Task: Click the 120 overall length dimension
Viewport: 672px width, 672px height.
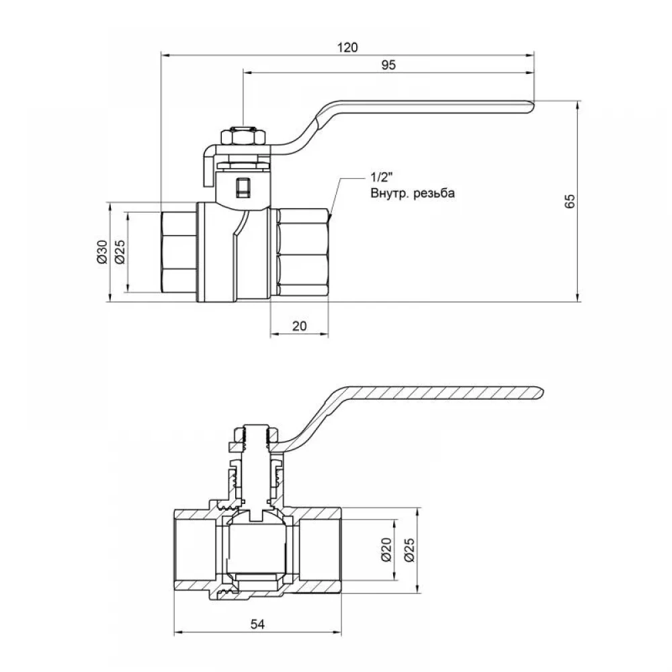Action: pyautogui.click(x=347, y=47)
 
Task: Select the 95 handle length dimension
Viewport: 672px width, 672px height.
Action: pyautogui.click(x=388, y=65)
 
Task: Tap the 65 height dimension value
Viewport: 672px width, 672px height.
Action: pyautogui.click(x=570, y=201)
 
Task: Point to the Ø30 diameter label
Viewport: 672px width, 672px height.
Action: pyautogui.click(x=102, y=252)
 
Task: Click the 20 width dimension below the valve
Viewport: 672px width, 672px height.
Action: pyautogui.click(x=300, y=326)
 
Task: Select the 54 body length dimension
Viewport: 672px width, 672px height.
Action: pyautogui.click(x=257, y=624)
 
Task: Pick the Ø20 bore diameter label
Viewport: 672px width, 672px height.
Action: pyautogui.click(x=386, y=550)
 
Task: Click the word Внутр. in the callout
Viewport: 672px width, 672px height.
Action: pyautogui.click(x=390, y=194)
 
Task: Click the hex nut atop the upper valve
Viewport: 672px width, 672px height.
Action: pyautogui.click(x=243, y=136)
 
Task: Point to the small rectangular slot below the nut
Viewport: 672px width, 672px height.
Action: pyautogui.click(x=243, y=187)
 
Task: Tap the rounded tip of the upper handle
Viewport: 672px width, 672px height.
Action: pyautogui.click(x=532, y=107)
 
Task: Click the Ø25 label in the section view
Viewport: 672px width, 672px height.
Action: pyautogui.click(x=409, y=550)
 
